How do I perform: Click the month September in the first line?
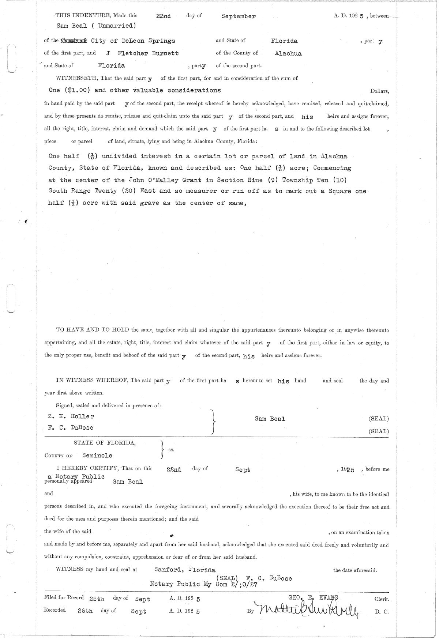point(238,16)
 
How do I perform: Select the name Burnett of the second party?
point(165,53)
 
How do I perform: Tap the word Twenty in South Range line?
point(105,191)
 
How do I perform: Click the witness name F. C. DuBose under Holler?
point(70,428)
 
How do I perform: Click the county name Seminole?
point(97,456)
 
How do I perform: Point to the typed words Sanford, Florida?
point(185,570)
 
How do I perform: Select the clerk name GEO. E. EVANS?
point(313,598)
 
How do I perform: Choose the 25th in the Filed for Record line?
point(97,599)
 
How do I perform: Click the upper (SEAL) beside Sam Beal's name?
point(379,419)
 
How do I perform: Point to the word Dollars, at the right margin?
point(379,91)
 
